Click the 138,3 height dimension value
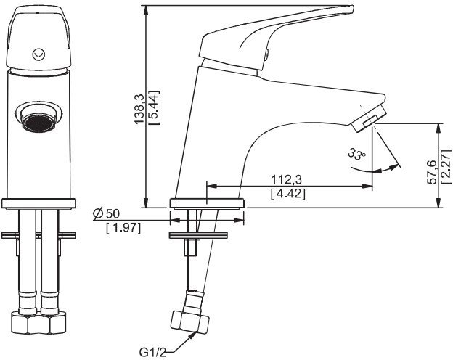(x=140, y=107)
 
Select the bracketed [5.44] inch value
(x=154, y=107)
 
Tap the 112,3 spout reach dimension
(x=286, y=180)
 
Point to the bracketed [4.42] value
(x=287, y=194)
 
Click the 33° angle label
(x=357, y=155)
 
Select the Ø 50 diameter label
(x=106, y=214)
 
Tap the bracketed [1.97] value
(x=123, y=228)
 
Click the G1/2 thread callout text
(x=153, y=352)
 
